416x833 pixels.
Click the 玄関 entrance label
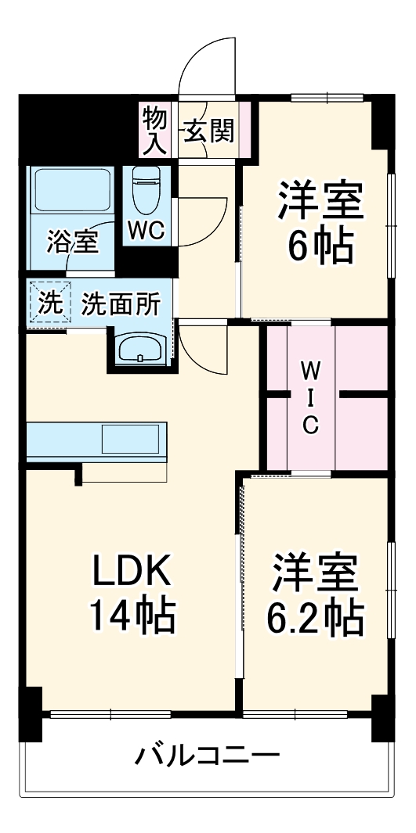pos(208,130)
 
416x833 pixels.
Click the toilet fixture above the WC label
pos(146,189)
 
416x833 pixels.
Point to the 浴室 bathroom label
pos(72,241)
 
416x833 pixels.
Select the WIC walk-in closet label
pos(311,396)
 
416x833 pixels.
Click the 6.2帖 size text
pos(316,617)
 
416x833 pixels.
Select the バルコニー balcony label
pos(208,756)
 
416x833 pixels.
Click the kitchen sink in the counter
pos(133,440)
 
